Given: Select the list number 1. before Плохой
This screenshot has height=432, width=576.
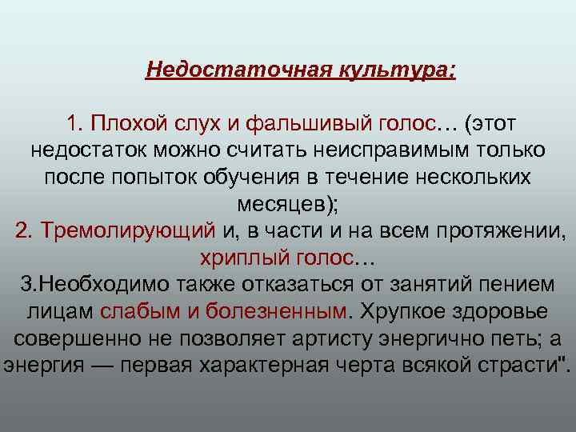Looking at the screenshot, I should pos(75,124).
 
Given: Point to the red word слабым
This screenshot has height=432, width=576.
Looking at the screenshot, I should pos(133,310).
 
